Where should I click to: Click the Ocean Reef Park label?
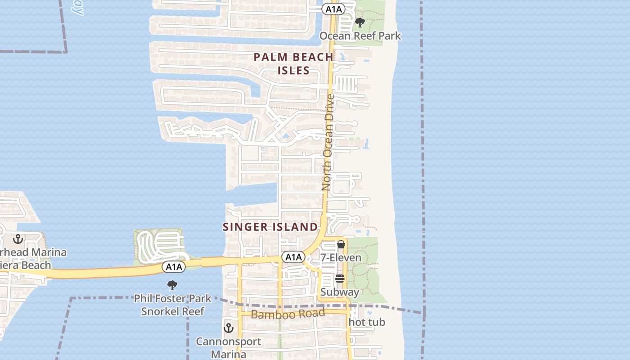pos(360,36)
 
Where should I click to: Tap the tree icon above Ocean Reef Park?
pos(360,22)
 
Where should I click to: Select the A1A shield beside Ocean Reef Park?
pos(333,9)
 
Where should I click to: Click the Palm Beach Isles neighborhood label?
pos(293,63)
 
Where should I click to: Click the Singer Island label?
pos(270,227)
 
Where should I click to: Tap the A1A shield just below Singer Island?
pos(293,257)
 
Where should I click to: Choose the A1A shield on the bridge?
pos(174,267)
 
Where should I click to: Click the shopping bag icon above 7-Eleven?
pos(341,245)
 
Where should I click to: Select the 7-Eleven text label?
pos(341,257)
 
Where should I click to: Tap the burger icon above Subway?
pos(340,279)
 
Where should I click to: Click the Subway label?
pos(340,292)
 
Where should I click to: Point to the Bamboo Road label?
pos(288,314)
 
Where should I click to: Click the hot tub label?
pos(367,322)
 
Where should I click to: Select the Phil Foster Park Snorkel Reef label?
pos(173,304)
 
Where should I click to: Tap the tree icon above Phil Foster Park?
pos(172,285)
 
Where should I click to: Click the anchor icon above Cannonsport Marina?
pos(229,328)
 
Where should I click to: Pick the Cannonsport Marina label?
pos(229,347)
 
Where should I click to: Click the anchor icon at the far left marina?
pos(18,239)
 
